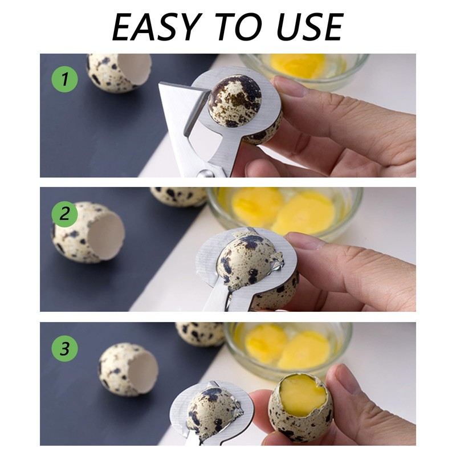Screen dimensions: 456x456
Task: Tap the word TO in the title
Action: pyautogui.click(x=235, y=26)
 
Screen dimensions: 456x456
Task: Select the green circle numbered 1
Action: pyautogui.click(x=64, y=80)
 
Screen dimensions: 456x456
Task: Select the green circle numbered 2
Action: pyautogui.click(x=64, y=214)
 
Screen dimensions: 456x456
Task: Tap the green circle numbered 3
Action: pyautogui.click(x=64, y=349)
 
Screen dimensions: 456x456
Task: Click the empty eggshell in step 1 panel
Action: pyautogui.click(x=118, y=72)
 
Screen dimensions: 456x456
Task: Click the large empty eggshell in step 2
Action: pyautogui.click(x=88, y=233)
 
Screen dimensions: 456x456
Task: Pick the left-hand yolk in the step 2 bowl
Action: pyautogui.click(x=257, y=205)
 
